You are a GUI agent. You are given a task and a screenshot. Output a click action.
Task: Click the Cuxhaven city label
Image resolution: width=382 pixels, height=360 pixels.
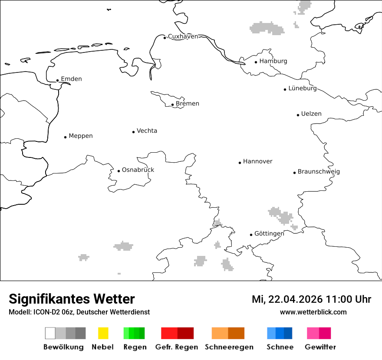coord(183,36)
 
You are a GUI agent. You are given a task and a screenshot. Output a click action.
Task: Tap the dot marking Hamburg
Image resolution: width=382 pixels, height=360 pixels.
coord(256,62)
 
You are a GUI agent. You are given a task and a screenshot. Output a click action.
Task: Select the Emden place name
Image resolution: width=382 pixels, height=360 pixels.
coord(71,79)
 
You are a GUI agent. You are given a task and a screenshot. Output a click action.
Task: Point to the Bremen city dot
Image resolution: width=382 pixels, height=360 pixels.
coord(172,105)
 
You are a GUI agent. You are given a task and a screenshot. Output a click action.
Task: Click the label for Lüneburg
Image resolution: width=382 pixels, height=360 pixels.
coord(303,88)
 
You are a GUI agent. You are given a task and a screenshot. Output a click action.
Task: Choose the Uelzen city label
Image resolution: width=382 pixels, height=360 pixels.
coord(311,114)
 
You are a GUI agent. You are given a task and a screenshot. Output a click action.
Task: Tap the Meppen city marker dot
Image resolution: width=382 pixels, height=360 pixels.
coord(65,137)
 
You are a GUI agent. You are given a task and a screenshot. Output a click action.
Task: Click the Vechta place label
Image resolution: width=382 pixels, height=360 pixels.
coord(147,131)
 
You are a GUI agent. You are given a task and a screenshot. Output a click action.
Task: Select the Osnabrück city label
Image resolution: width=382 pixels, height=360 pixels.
coord(138,170)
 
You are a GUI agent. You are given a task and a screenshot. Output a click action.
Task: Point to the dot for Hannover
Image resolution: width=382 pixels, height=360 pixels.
coord(240,163)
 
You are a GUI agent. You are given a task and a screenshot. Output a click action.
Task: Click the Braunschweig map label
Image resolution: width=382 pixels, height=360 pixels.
coord(319,171)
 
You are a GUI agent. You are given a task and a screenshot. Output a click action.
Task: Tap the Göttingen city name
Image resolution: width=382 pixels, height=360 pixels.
coord(269,233)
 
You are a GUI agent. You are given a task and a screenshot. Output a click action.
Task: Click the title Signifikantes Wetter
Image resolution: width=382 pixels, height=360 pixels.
coord(72,299)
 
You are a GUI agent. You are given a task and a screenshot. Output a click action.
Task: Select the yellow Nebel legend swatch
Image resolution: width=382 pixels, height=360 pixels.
coord(103,333)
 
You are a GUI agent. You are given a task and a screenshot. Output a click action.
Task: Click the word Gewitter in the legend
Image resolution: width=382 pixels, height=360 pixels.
coord(320,347)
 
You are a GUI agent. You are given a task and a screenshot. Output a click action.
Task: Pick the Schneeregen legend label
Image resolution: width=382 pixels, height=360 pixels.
coord(229,347)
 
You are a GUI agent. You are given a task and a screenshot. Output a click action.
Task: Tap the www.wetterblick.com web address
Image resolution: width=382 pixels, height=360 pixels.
coord(313,312)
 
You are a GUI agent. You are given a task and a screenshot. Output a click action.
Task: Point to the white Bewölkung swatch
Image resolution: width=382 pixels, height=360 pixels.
coord(50,333)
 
